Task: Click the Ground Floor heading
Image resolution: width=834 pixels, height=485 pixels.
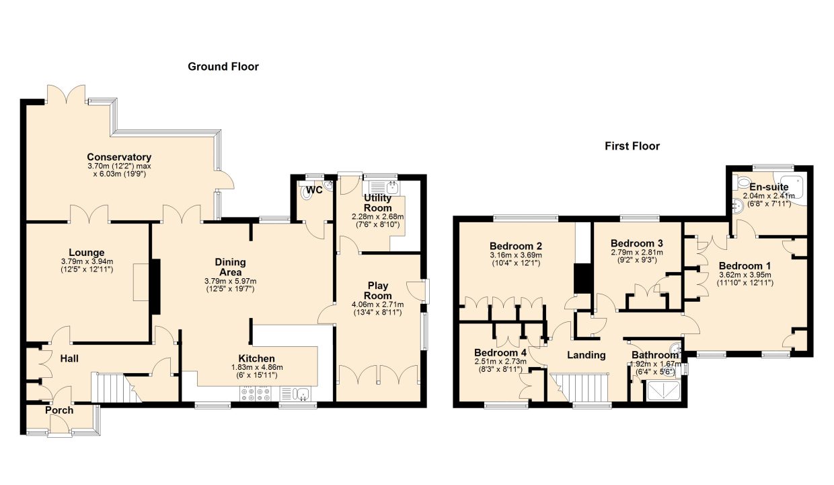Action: [223, 67]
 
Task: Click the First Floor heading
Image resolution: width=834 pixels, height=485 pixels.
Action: [632, 146]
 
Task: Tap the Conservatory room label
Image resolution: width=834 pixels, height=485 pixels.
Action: [119, 157]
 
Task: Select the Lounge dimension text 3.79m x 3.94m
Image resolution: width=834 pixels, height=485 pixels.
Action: [87, 261]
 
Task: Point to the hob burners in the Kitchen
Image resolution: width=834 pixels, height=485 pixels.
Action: [256, 395]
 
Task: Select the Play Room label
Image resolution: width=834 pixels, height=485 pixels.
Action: [378, 291]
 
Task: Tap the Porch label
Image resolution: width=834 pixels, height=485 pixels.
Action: [59, 410]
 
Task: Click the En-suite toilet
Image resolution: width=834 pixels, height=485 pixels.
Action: [742, 183]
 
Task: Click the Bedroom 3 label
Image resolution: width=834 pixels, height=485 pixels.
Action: [637, 243]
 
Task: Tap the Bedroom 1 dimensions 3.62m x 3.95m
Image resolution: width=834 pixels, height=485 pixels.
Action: [745, 275]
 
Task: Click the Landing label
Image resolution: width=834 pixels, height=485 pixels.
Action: [586, 355]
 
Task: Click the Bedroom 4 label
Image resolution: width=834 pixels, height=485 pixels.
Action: [500, 353]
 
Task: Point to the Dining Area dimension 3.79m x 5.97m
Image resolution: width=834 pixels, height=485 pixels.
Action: [231, 281]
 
